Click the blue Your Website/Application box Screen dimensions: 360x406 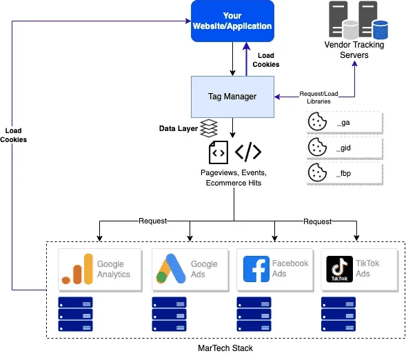point(233,21)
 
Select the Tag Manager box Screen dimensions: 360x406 point(233,97)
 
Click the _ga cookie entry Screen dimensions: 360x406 point(343,122)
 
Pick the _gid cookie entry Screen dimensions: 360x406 point(343,147)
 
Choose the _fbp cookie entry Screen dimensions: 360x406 point(343,172)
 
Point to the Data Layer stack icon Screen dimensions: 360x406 point(209,128)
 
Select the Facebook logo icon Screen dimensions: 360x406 point(256,269)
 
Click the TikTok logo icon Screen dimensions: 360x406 point(339,269)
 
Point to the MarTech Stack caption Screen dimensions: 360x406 point(225,348)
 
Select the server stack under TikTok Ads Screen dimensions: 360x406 point(338,314)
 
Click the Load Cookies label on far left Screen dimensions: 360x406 point(14,134)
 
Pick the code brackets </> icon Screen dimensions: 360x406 point(248,151)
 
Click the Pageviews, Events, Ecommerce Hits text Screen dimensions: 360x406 point(233,177)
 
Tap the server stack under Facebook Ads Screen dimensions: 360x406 point(254,314)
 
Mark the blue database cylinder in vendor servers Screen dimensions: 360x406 point(380,29)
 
